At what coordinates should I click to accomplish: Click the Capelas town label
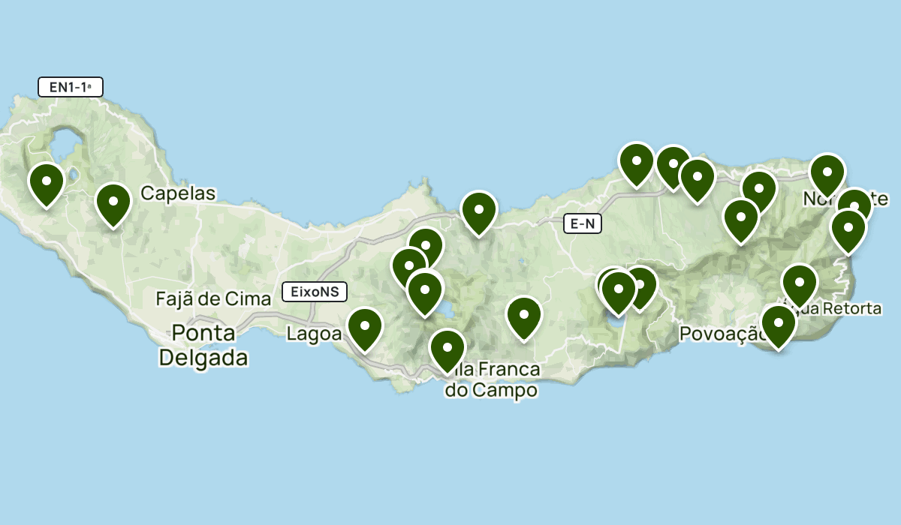(178, 193)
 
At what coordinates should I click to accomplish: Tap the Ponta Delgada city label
(203, 345)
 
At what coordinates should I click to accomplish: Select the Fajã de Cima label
(213, 299)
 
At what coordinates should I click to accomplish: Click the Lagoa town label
(314, 334)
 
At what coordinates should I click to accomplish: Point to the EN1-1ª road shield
(70, 87)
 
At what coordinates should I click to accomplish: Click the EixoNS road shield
(315, 292)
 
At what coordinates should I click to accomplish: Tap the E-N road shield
(583, 223)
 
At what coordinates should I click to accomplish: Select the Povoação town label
(721, 334)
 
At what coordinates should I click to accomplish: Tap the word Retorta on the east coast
(852, 308)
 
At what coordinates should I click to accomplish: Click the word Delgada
(203, 358)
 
